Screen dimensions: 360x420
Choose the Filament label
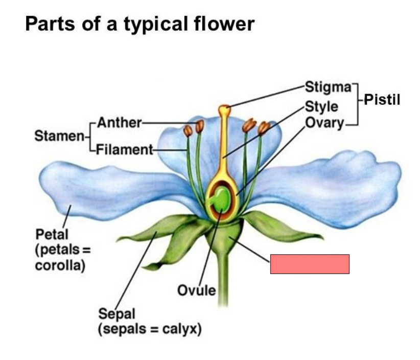coord(124,150)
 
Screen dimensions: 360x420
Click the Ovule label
coord(197,290)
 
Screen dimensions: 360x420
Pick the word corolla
coord(59,266)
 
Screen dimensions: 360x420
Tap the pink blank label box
coord(310,264)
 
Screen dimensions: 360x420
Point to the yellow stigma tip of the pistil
coord(224,109)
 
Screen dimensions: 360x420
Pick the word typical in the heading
coord(155,24)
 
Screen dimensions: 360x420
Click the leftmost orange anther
coord(188,131)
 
